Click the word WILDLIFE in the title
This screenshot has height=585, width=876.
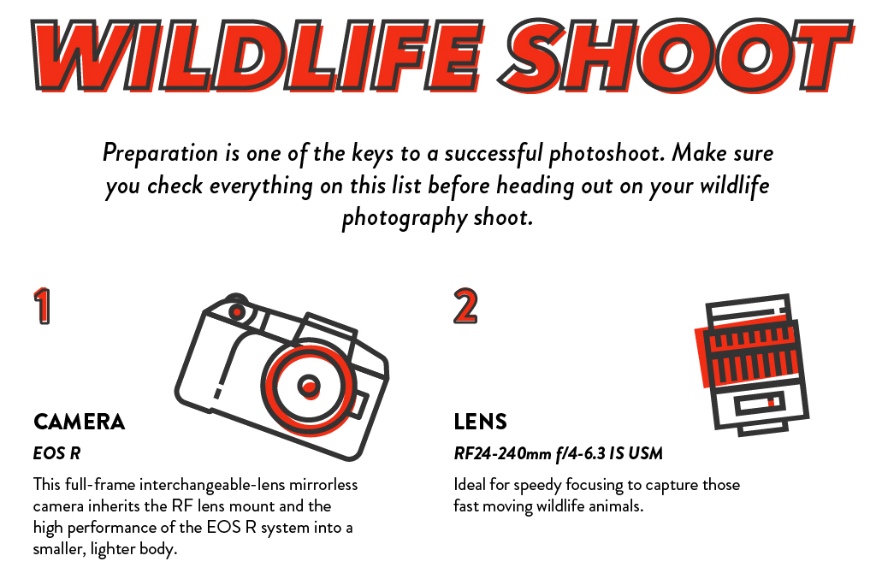click(257, 55)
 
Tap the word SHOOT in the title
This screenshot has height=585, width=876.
click(676, 55)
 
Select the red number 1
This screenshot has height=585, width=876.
click(42, 305)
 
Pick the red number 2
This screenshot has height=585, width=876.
click(465, 305)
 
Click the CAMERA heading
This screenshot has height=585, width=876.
click(79, 422)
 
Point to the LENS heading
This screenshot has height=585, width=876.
click(481, 422)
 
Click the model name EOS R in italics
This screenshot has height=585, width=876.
click(57, 453)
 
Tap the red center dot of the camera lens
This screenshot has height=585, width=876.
click(308, 386)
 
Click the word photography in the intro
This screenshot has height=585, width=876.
click(404, 218)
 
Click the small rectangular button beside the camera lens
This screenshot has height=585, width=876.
click(358, 405)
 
